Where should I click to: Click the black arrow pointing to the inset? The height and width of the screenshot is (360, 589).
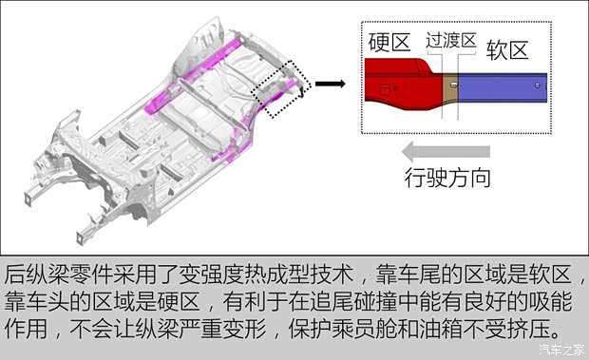329,85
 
